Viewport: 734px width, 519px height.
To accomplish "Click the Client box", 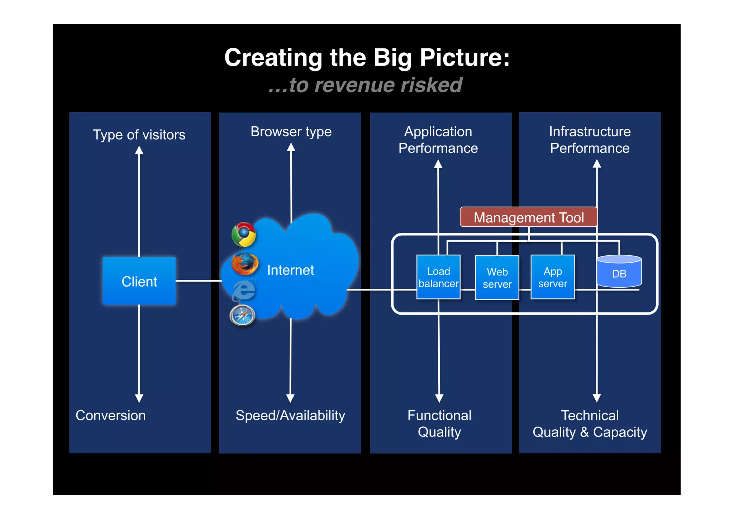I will pos(139,281).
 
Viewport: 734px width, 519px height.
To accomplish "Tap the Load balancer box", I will pos(438,277).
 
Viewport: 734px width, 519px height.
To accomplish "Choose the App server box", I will pos(552,277).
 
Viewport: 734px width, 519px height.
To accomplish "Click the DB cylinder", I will pos(619,272).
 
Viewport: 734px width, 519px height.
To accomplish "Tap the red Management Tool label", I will pos(529,217).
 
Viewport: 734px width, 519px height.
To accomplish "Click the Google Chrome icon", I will pos(244,235).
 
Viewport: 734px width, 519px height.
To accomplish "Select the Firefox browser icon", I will pos(245,264).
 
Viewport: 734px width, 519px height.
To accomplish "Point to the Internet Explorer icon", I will pos(244,290).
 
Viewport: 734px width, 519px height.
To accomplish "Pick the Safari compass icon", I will pos(243,316).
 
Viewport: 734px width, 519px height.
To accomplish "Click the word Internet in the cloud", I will pos(290,270).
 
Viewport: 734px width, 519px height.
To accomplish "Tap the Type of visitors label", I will pos(139,135).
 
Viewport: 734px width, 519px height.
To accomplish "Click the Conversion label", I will pos(110,415).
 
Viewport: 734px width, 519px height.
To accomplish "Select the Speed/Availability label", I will pos(290,415).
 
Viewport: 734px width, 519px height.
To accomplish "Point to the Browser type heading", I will pos(291,132).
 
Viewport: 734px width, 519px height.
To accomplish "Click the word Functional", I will pos(439,415).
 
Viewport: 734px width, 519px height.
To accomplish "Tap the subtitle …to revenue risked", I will pos(366,85).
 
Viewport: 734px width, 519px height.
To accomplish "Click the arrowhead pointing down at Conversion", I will pos(139,398).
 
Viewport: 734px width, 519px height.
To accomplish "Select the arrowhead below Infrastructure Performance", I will pos(597,164).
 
